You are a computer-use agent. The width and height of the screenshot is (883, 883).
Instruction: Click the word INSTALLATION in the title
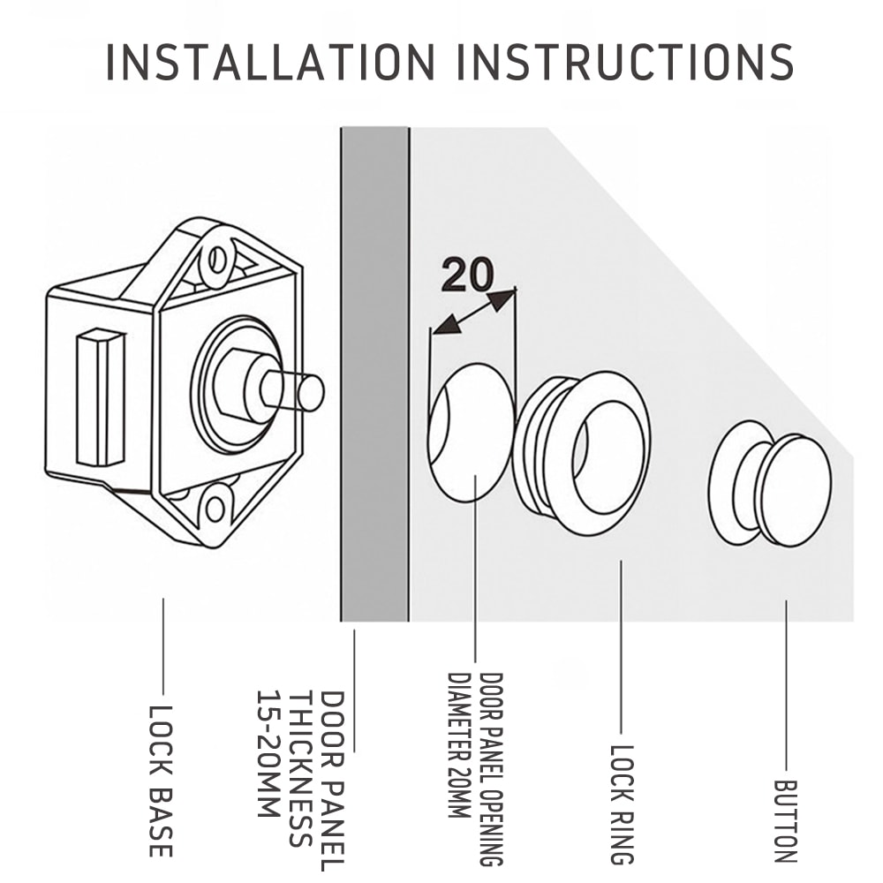click(x=270, y=62)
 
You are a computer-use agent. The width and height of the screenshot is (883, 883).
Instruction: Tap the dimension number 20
click(x=467, y=275)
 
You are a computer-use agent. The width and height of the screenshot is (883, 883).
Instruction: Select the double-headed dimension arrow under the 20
click(x=473, y=311)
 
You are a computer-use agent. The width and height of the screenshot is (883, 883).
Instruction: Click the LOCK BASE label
click(x=160, y=781)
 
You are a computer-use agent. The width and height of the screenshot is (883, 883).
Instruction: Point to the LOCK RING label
click(x=623, y=804)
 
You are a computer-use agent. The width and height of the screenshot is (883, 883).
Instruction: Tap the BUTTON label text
click(x=786, y=821)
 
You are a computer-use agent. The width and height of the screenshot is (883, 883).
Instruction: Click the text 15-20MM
click(x=268, y=755)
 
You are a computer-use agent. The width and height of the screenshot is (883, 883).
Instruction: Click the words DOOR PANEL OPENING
click(x=490, y=768)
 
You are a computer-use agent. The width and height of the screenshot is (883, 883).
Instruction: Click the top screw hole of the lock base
click(x=217, y=260)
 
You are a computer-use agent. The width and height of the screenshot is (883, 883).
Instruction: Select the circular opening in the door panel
click(x=472, y=432)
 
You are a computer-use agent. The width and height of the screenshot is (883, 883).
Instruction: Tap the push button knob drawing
click(x=770, y=483)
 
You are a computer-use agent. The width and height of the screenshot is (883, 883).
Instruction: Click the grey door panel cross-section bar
click(x=375, y=374)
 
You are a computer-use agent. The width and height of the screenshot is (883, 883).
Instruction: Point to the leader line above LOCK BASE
click(x=163, y=646)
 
